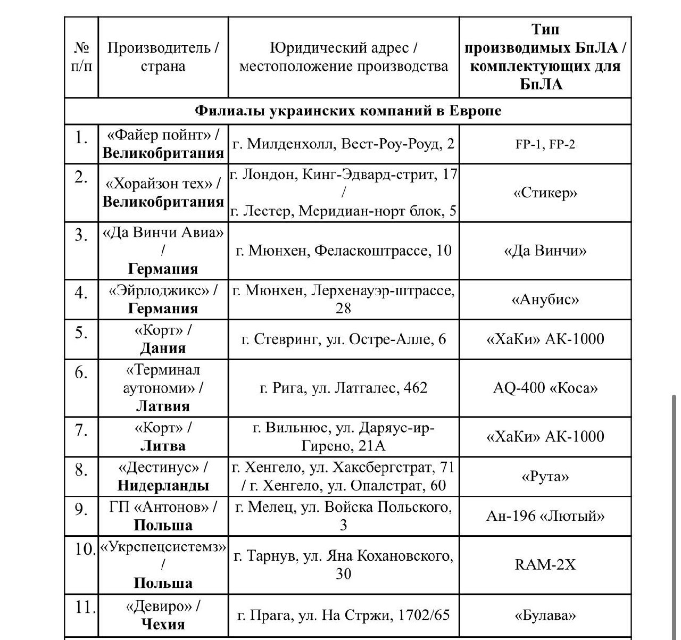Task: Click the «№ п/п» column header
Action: point(81,57)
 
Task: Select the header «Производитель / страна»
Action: point(163,57)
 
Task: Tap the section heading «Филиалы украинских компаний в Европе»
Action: point(348,111)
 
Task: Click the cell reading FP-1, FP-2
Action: point(545,144)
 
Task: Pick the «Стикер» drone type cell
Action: point(545,193)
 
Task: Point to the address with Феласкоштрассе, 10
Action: point(343,250)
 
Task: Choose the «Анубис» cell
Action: point(545,300)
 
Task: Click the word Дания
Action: point(163,348)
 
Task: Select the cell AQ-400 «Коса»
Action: point(545,388)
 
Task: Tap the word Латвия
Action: point(163,406)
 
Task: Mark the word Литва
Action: point(163,446)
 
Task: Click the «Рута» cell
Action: point(545,476)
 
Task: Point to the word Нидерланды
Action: point(163,485)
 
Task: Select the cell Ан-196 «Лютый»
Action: point(545,516)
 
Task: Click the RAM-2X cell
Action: point(545,564)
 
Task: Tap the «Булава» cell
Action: point(545,616)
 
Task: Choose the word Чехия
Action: point(163,624)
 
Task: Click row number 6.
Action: point(81,372)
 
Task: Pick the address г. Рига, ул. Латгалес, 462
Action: point(343,388)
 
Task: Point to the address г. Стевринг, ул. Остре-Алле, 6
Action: point(343,339)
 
